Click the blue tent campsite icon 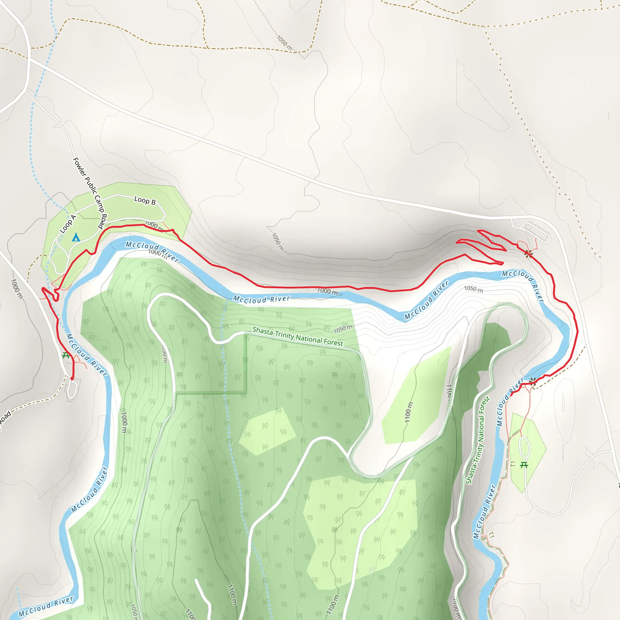76,237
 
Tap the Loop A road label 68,224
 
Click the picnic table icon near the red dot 66,355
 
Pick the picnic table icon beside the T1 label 524,465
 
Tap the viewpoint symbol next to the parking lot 528,254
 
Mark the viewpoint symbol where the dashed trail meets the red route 533,382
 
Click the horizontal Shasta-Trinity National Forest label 298,336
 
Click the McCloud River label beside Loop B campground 152,251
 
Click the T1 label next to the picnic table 513,464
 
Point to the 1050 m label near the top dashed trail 284,43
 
